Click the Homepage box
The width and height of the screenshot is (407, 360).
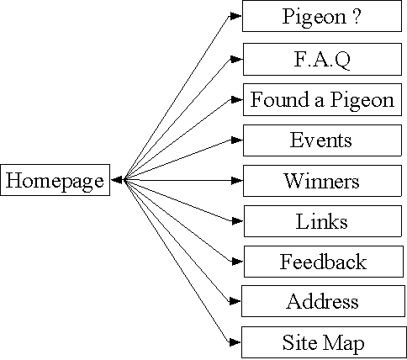point(55,180)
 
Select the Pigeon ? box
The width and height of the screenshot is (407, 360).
point(322,16)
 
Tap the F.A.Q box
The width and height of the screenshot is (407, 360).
point(322,59)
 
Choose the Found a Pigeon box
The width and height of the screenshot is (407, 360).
point(322,99)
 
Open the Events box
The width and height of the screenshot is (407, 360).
point(322,140)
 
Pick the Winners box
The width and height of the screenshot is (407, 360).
point(322,181)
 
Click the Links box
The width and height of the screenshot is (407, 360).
point(323,221)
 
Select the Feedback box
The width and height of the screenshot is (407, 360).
point(324,262)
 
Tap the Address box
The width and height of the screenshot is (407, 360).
point(323,301)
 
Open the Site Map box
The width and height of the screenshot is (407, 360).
point(324,342)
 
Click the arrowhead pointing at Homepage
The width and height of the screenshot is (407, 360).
point(117,180)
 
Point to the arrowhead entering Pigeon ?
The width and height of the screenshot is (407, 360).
point(235,16)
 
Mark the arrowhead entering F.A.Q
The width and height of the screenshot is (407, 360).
point(236,59)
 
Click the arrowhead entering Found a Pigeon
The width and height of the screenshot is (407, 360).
point(237,99)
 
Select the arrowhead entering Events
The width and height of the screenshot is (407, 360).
point(237,140)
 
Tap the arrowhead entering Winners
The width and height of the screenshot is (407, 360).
point(237,181)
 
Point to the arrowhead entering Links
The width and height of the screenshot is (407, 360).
point(237,221)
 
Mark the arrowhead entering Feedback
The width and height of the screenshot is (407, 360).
point(237,262)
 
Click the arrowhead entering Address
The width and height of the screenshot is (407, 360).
point(235,301)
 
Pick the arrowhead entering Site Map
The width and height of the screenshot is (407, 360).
point(235,342)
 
